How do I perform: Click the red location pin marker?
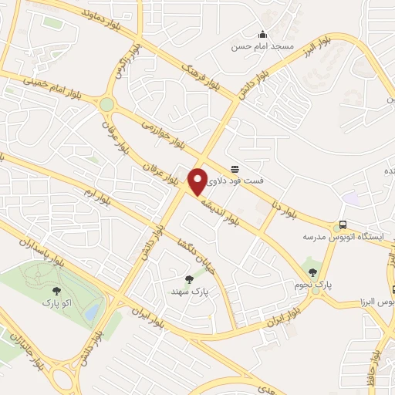coord(197,181)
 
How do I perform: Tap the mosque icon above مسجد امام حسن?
coord(262,34)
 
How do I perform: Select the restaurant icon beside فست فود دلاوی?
coord(234,169)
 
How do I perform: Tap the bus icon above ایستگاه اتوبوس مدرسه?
coord(343,225)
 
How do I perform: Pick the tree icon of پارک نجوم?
coord(312,270)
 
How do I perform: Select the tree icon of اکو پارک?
coord(56,291)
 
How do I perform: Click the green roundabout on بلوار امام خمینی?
coord(106,104)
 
